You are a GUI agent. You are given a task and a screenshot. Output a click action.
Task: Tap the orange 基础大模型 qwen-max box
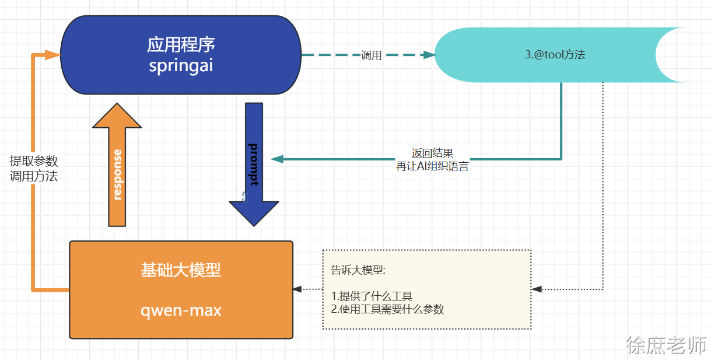pos(181,290)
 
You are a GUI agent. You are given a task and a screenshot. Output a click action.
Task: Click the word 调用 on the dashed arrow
pos(371,55)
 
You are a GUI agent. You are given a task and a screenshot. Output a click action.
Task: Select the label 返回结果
pos(432,153)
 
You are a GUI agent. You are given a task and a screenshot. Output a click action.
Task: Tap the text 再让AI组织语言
pos(432,166)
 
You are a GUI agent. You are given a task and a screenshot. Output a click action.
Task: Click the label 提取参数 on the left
pos(34,162)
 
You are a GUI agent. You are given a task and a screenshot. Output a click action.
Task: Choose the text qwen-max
pos(181,310)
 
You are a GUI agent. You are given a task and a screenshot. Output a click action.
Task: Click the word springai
pos(181,65)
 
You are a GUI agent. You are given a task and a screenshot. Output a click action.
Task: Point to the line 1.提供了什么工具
pos(372,296)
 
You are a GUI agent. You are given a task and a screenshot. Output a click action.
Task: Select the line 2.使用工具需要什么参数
pos(387,309)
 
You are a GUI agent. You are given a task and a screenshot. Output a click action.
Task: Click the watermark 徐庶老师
pos(666,345)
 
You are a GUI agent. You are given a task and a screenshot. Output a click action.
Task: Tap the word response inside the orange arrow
pos(117,174)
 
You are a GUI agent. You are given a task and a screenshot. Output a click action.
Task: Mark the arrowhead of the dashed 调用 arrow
pos(430,55)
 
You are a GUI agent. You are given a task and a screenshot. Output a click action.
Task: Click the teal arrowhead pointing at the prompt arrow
pos(276,159)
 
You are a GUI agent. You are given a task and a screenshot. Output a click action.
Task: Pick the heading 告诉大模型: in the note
pos(358,270)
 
